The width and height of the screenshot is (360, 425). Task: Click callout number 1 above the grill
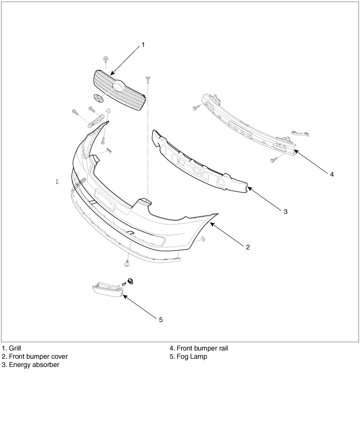click(143, 45)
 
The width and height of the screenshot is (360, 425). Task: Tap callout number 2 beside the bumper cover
click(247, 247)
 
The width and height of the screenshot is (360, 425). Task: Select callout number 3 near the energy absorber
click(285, 211)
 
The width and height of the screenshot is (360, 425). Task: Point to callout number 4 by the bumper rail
click(332, 174)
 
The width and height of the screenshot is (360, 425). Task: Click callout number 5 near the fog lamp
click(160, 319)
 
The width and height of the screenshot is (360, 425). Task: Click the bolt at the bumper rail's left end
click(196, 107)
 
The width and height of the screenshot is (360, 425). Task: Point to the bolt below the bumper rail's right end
click(273, 160)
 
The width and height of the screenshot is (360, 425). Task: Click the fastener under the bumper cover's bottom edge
click(127, 263)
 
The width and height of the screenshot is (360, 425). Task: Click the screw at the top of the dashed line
click(148, 79)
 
